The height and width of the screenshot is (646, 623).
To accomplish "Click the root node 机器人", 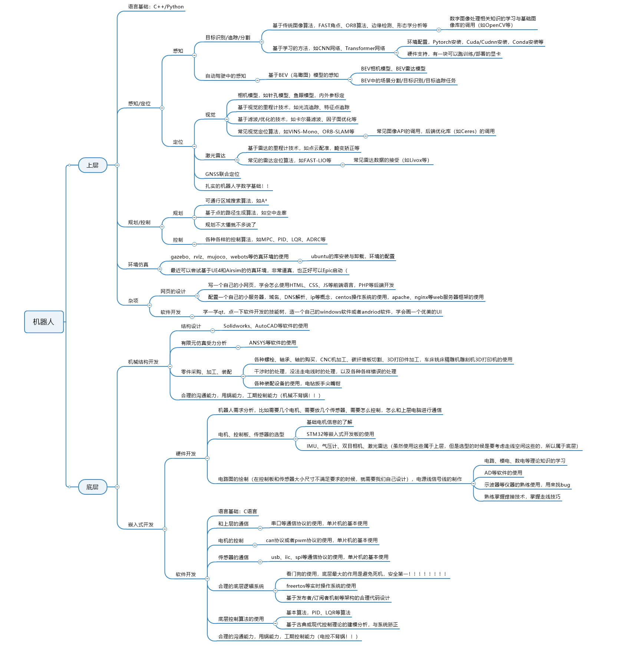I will tap(44, 322).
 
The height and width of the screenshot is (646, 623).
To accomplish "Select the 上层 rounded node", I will tap(92, 165).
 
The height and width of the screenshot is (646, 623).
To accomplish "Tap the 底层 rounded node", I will tap(92, 487).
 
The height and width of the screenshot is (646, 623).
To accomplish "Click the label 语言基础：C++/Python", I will tap(156, 7).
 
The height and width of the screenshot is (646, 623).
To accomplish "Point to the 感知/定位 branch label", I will tap(139, 104).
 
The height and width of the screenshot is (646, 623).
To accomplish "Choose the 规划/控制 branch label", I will tap(139, 223).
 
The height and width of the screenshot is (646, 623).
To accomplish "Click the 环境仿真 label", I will tap(138, 264).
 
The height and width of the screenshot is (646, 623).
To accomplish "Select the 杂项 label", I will tap(133, 301).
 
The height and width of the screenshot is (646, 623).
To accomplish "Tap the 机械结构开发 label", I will tap(143, 362).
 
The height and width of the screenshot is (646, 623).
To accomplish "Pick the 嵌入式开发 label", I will tap(141, 524).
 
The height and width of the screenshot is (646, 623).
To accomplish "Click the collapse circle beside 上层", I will tap(117, 165).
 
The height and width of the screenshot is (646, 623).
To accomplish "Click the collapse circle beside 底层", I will tap(117, 487).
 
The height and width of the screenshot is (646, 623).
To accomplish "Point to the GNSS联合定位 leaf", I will tap(222, 174).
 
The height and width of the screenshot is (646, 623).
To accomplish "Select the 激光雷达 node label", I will tap(215, 156).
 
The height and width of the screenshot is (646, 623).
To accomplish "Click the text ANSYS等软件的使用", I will tap(273, 343).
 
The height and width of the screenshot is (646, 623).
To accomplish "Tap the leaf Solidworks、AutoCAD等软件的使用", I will tap(266, 326).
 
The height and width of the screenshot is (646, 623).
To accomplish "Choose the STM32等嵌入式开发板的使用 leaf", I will tap(340, 434).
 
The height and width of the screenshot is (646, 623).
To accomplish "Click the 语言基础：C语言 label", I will tap(237, 511).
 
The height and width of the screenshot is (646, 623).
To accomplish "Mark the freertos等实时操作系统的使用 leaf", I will tap(321, 586).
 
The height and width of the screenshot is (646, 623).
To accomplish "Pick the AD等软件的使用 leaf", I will tap(503, 473).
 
